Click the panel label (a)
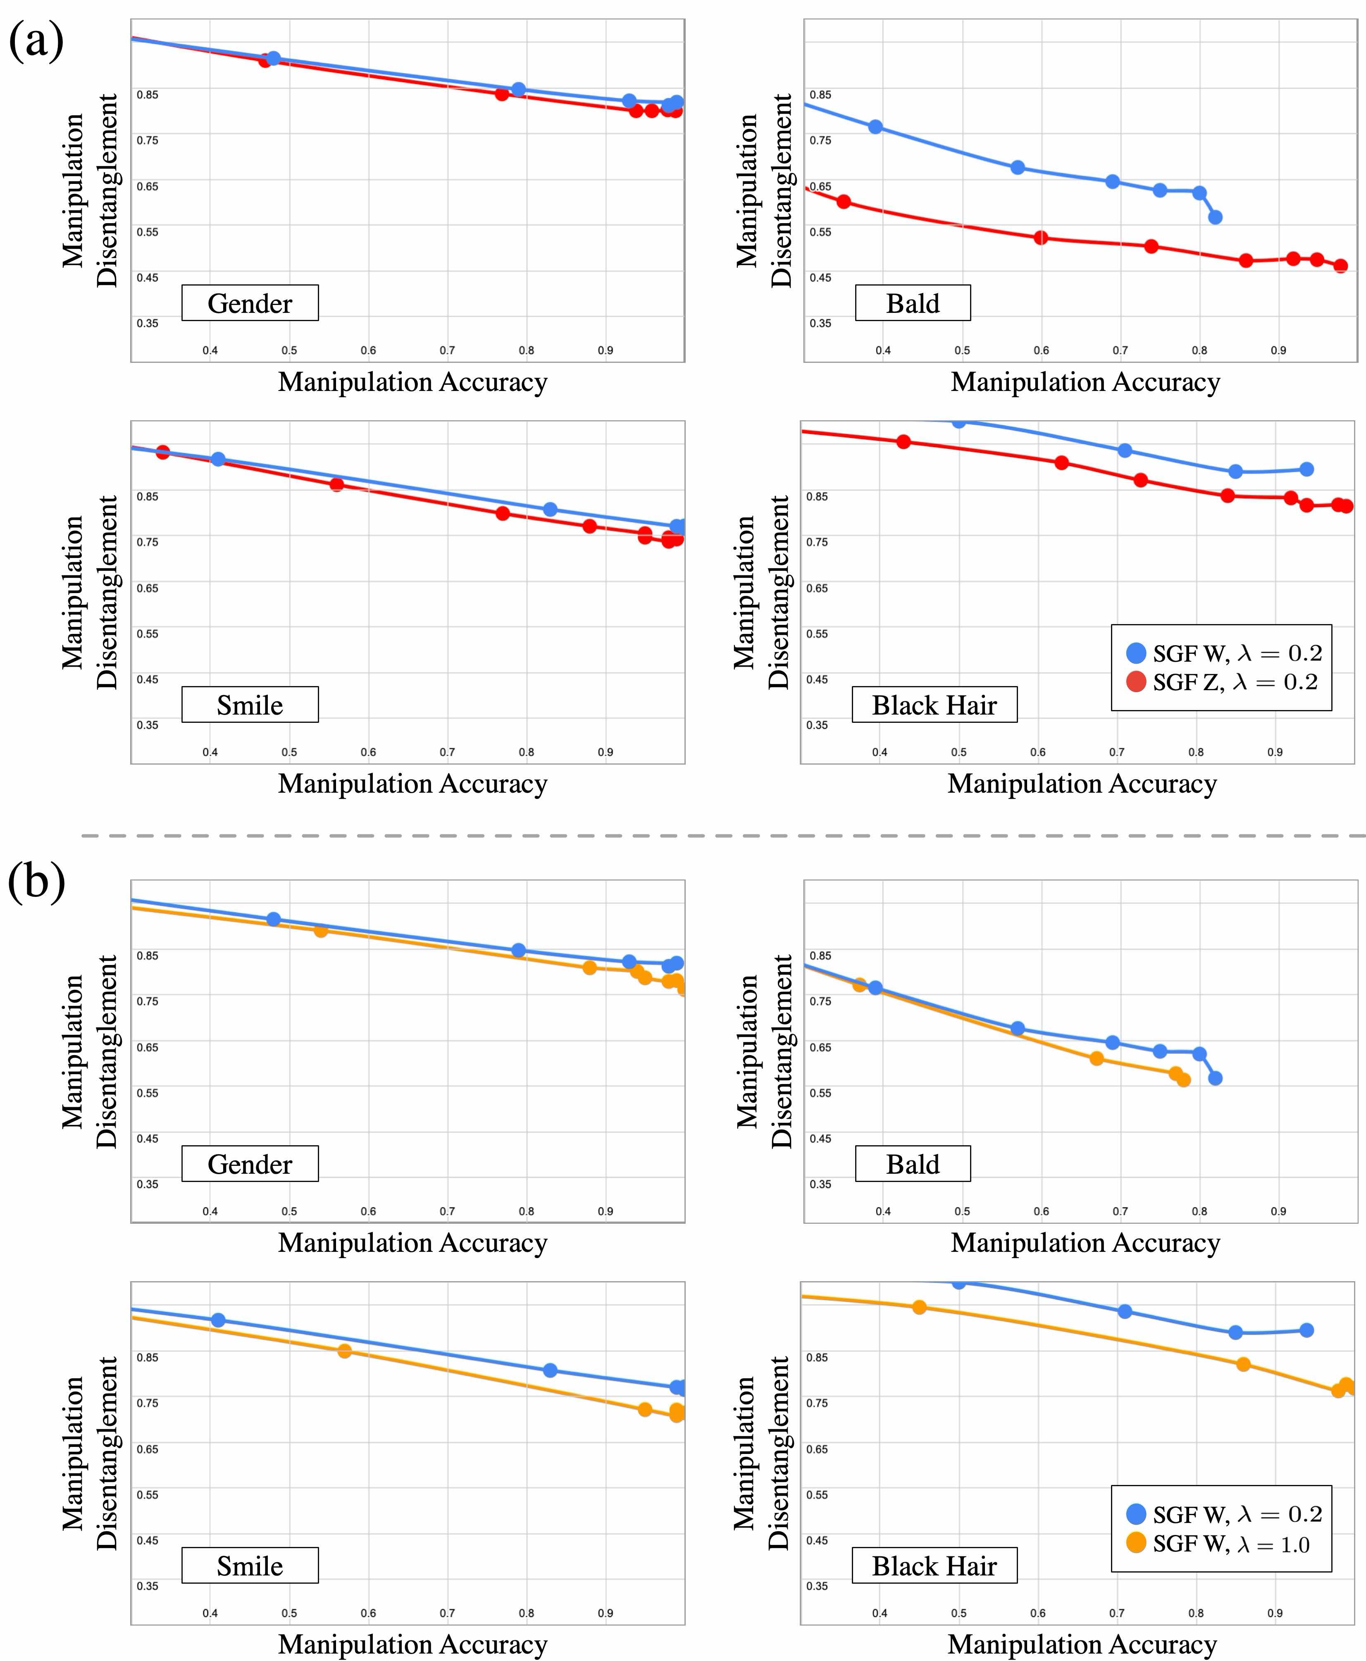point(36,41)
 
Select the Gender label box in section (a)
point(250,303)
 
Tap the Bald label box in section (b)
point(912,1164)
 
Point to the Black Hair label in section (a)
point(934,705)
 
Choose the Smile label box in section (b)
point(250,1566)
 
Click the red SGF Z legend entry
point(1223,682)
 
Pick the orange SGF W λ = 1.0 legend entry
point(1223,1544)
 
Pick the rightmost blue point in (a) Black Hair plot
point(1306,469)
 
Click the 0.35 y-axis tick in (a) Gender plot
point(147,323)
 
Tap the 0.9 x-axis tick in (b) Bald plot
point(1278,1211)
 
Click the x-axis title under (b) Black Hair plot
point(1082,1644)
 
